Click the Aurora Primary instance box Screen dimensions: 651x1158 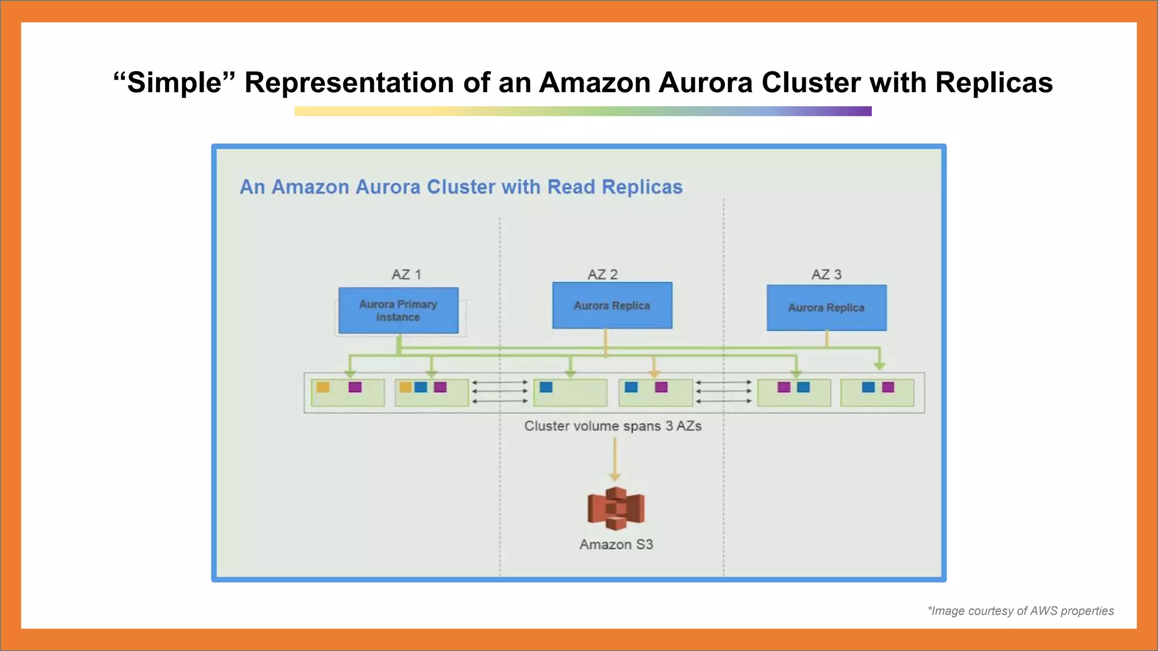click(398, 310)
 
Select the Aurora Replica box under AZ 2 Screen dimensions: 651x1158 click(612, 306)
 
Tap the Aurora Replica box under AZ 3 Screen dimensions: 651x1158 click(826, 307)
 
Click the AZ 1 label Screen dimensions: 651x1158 click(406, 275)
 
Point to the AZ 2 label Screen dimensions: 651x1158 click(603, 275)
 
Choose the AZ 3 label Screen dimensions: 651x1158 click(826, 275)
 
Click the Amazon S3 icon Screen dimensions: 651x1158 click(616, 508)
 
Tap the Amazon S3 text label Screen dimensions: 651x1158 click(616, 544)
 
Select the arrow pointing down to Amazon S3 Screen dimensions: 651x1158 click(615, 459)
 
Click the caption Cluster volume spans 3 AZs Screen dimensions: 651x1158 click(612, 426)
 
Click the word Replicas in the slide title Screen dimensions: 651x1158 click(993, 83)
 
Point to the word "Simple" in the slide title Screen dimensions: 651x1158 click(174, 83)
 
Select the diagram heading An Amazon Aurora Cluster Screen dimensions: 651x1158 click(461, 187)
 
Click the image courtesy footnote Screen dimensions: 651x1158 click(1020, 611)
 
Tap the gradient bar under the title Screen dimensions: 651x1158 click(582, 111)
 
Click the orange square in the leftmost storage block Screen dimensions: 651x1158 click(323, 387)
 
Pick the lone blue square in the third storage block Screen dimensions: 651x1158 click(546, 387)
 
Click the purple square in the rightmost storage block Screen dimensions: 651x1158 click(888, 387)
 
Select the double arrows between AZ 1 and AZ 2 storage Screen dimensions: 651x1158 click(500, 392)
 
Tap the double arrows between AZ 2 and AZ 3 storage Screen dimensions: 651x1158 click(723, 392)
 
